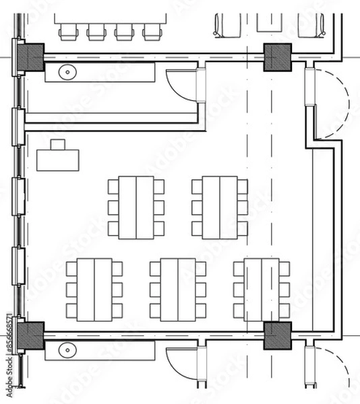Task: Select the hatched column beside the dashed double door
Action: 276,57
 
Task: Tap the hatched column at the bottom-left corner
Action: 31,335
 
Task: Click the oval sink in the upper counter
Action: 67,71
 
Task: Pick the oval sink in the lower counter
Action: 67,349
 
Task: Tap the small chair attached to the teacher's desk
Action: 58,143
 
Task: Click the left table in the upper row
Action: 136,207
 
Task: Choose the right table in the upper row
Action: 220,207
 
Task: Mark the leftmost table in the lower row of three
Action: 94,290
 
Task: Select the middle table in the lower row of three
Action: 178,290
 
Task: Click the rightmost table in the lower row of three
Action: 262,290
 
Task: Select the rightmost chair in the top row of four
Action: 149,31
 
